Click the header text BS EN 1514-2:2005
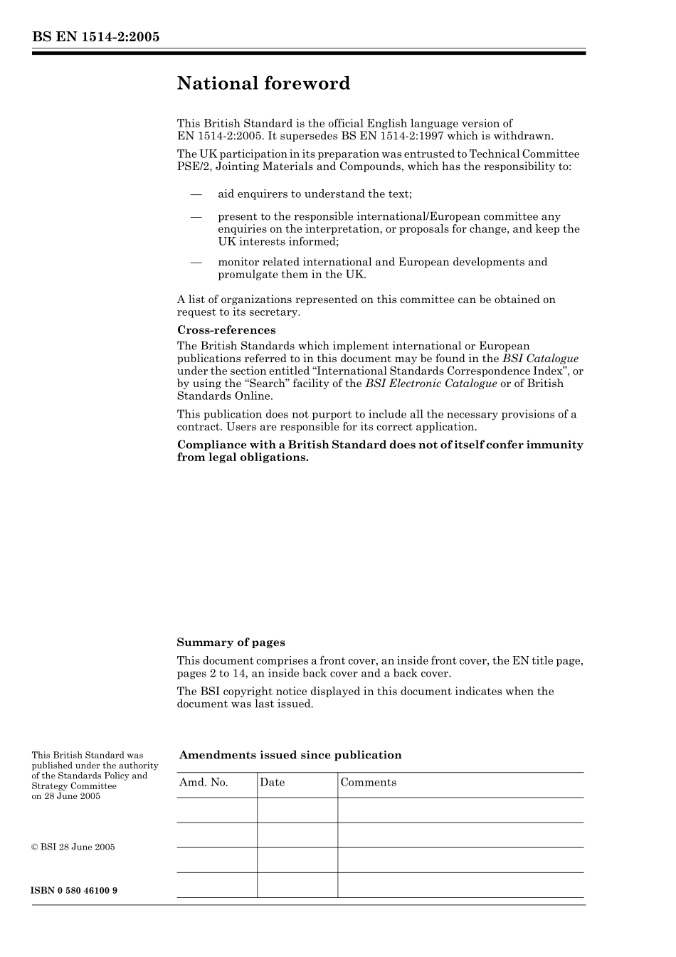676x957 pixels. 95,37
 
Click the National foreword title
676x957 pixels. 263,84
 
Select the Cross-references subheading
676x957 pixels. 226,330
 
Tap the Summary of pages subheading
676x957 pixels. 231,643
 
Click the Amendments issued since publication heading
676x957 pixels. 290,756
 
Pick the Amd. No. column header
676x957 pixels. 204,783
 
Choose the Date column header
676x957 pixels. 272,783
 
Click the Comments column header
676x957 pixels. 368,783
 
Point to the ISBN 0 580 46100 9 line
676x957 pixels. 75,891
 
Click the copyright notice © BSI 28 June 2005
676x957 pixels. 73,847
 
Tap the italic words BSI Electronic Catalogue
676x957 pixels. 431,384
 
